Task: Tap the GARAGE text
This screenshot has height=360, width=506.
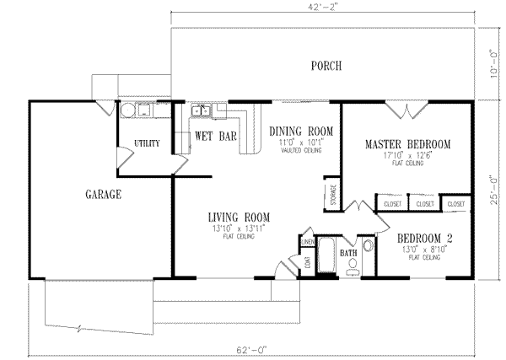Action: pos(104,195)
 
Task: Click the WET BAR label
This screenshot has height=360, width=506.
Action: pos(215,135)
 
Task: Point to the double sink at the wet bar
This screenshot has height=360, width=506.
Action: pos(202,110)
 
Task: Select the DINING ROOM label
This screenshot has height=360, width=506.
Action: pos(302,132)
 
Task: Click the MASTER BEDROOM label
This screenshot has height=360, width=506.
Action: pos(407,144)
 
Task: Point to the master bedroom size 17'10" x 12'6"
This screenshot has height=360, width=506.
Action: pos(407,155)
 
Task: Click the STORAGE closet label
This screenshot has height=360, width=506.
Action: pos(333,194)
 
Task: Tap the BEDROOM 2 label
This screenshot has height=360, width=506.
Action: pos(425,239)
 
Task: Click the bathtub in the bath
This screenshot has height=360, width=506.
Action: pos(326,255)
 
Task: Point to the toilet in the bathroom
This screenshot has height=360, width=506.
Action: pos(354,266)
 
